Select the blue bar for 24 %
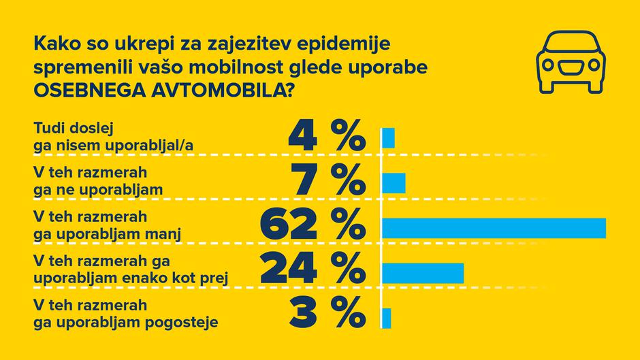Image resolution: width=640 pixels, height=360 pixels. pos(423,272)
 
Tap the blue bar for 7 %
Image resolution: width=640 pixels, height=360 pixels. pos(394,183)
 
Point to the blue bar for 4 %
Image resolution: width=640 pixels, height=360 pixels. pos(388,138)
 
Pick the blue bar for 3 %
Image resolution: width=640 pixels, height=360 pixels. pos(387,317)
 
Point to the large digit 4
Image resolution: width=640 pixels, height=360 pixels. pos(303,136)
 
